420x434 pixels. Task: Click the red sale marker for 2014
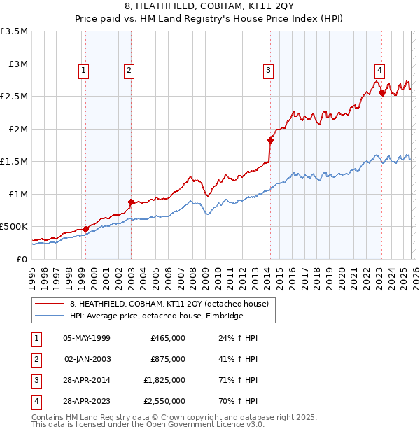(270, 140)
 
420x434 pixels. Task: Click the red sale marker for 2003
(131, 202)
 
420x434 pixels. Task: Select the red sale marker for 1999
(85, 228)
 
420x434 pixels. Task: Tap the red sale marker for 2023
(381, 92)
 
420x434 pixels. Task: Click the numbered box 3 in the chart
(268, 69)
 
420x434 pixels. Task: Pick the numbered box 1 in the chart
(83, 69)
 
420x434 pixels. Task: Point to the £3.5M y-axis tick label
(14, 31)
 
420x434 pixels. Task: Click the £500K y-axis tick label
(14, 227)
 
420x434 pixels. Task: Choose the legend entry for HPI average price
(156, 316)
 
